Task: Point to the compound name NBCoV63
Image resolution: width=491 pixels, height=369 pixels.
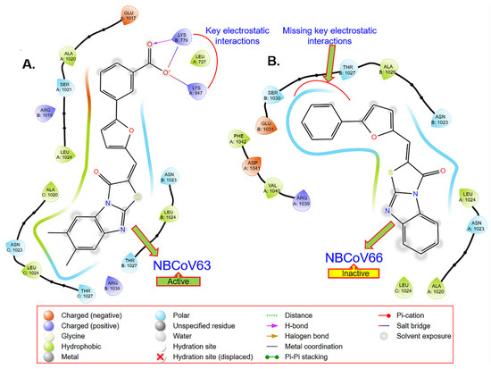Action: click(182, 265)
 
